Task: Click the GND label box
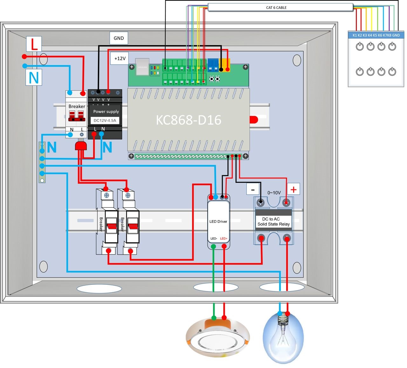[119, 38]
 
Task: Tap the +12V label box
[120, 58]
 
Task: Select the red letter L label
[34, 44]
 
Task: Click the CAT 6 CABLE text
[276, 8]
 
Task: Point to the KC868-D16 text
[188, 120]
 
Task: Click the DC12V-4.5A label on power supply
[105, 120]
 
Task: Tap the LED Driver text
[218, 221]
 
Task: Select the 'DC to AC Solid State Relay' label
[273, 221]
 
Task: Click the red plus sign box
[293, 189]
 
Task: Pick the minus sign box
[253, 190]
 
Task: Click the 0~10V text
[274, 193]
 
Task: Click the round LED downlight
[218, 338]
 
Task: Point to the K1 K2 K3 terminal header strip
[376, 35]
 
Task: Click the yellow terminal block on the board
[224, 65]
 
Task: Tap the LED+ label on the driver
[224, 238]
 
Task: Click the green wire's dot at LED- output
[214, 246]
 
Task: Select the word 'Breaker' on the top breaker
[77, 106]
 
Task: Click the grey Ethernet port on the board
[142, 67]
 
